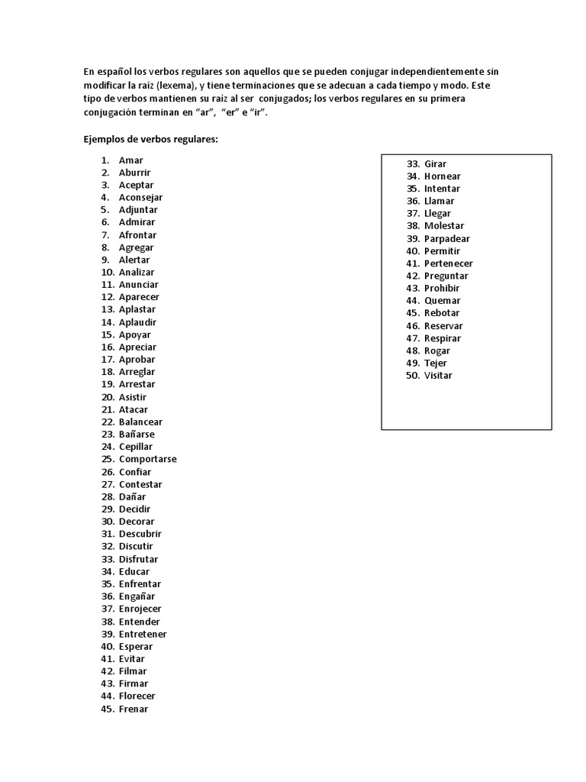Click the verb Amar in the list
point(130,160)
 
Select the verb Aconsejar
point(140,198)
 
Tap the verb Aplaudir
point(137,322)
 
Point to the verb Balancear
point(140,422)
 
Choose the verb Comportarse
point(147,459)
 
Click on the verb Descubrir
point(140,534)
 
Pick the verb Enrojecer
point(140,609)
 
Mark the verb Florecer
point(137,696)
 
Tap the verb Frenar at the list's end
point(134,709)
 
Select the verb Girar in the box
point(435,164)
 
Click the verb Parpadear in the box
point(447,239)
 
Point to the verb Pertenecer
point(449,263)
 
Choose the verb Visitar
point(438,376)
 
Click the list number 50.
point(413,376)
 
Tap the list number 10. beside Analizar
point(107,272)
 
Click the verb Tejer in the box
point(436,364)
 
